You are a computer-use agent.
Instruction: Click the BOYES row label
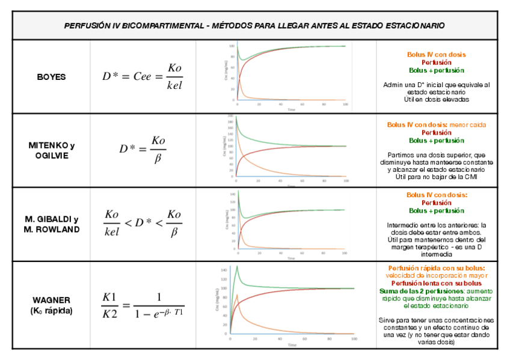click(51, 77)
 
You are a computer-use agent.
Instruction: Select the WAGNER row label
click(51, 300)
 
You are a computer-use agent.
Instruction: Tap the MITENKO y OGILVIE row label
click(51, 150)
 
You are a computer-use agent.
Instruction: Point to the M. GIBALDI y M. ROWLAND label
click(51, 224)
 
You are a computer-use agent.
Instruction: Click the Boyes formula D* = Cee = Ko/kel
click(142, 76)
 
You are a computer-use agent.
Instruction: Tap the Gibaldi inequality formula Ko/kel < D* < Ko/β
click(143, 223)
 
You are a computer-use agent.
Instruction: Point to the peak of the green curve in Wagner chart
click(238, 266)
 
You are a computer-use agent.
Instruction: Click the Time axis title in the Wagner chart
click(292, 346)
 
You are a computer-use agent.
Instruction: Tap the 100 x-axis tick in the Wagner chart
click(354, 340)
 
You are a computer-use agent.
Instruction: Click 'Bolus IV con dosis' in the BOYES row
click(436, 55)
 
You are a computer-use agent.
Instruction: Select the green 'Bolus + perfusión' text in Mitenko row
click(436, 141)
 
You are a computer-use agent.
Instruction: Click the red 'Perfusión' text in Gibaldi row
click(436, 203)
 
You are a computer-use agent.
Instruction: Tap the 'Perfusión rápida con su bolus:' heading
click(436, 268)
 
